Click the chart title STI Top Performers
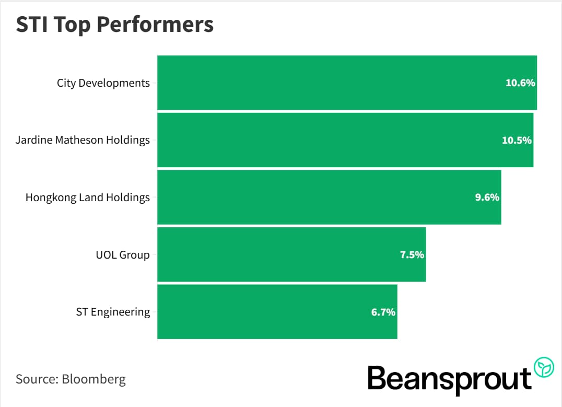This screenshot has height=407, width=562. click(114, 25)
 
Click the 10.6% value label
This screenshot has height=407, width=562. click(520, 83)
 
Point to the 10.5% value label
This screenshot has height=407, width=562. click(517, 140)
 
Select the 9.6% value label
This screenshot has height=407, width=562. click(487, 197)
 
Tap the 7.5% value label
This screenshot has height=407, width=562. click(412, 255)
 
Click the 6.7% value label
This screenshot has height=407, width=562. click(383, 312)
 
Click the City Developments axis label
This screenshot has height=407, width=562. click(103, 83)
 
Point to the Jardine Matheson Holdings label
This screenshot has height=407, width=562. click(83, 140)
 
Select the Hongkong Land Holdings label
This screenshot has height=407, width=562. click(87, 197)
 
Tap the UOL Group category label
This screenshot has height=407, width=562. click(123, 255)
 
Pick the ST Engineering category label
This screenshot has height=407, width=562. click(113, 312)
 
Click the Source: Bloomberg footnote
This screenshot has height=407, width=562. click(71, 379)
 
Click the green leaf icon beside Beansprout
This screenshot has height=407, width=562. click(544, 367)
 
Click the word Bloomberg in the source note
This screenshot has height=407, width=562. click(93, 379)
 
